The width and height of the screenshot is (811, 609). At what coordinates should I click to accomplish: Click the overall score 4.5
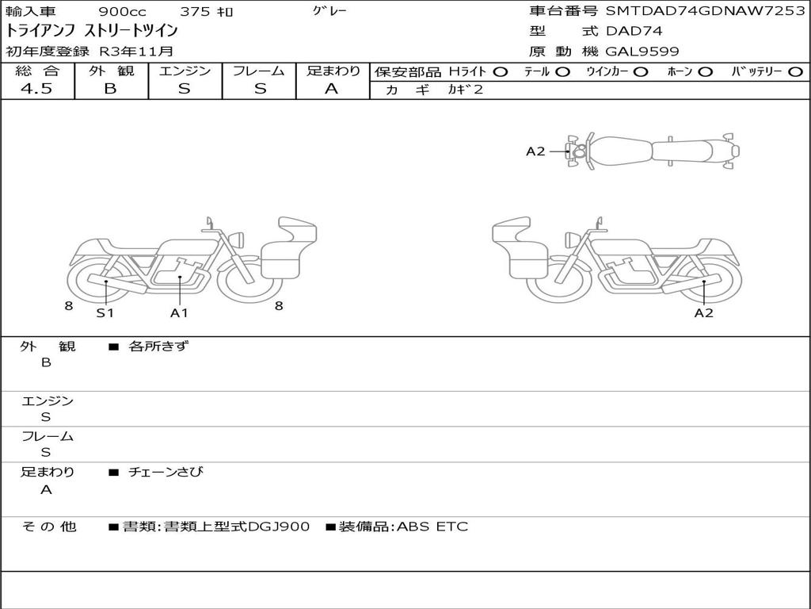36,89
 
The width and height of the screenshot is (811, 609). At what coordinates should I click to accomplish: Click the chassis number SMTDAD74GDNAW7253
706,11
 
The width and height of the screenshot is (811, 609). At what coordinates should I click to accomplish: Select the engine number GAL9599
642,52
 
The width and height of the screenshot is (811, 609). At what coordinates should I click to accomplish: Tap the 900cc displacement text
123,11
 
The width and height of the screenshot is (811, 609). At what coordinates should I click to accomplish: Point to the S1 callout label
105,312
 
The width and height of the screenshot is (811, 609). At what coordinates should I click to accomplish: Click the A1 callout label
179,312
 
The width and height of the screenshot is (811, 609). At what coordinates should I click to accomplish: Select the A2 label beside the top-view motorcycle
535,151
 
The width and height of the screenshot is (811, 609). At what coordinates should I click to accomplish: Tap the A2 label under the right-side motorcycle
703,312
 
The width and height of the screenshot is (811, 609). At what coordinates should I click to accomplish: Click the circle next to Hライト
501,72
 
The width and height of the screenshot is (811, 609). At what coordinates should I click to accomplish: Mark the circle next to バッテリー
796,72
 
